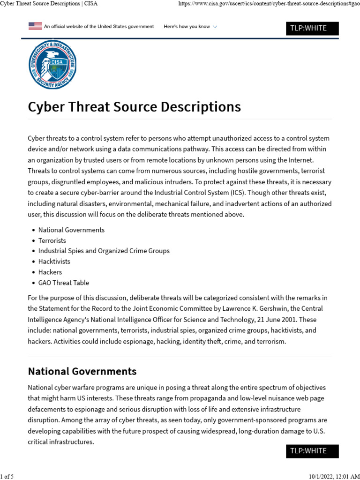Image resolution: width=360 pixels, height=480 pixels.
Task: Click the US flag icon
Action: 35,26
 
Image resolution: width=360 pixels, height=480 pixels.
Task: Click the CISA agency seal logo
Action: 52,64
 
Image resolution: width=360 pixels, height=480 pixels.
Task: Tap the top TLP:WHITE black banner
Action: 312,29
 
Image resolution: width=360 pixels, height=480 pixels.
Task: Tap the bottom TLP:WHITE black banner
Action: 312,451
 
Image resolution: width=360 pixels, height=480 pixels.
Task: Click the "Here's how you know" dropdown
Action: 190,27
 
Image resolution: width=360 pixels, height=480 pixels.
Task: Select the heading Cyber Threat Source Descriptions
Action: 134,107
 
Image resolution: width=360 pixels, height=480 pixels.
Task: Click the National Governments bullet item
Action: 71,230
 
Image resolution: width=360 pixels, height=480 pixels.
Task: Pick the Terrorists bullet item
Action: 52,240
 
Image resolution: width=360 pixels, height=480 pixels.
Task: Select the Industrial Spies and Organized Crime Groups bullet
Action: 104,251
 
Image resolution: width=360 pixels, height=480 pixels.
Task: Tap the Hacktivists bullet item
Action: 54,262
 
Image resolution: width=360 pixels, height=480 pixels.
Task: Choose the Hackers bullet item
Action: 50,272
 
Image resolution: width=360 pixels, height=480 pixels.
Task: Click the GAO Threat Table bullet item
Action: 63,283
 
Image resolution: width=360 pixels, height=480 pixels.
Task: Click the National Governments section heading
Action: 82,371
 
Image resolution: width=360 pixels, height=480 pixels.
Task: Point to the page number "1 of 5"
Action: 7,477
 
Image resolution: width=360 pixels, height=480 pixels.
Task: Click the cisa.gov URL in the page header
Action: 269,4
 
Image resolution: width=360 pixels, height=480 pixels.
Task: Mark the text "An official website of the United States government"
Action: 98,27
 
